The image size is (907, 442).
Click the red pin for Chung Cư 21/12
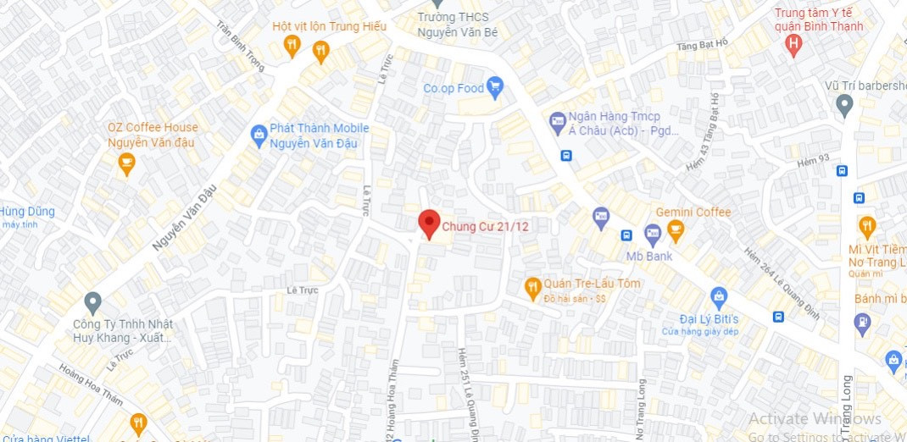[x=430, y=224]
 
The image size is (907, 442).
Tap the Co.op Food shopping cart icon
[x=496, y=86]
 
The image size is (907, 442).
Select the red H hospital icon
[x=793, y=45]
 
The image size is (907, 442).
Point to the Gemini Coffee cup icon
[x=675, y=229]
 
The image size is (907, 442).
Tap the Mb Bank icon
[x=652, y=232]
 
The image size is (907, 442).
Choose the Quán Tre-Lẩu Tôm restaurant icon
[x=532, y=288]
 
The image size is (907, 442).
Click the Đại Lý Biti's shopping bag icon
[x=719, y=297]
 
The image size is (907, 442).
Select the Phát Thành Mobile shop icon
[x=259, y=134]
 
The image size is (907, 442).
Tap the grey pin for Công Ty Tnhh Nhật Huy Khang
[x=93, y=301]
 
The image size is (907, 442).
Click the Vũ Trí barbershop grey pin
[x=843, y=105]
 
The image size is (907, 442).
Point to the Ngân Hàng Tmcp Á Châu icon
[x=557, y=122]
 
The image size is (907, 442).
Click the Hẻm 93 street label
[x=813, y=159]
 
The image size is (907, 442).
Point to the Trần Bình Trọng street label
[x=241, y=46]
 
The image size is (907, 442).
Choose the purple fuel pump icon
[x=862, y=322]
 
